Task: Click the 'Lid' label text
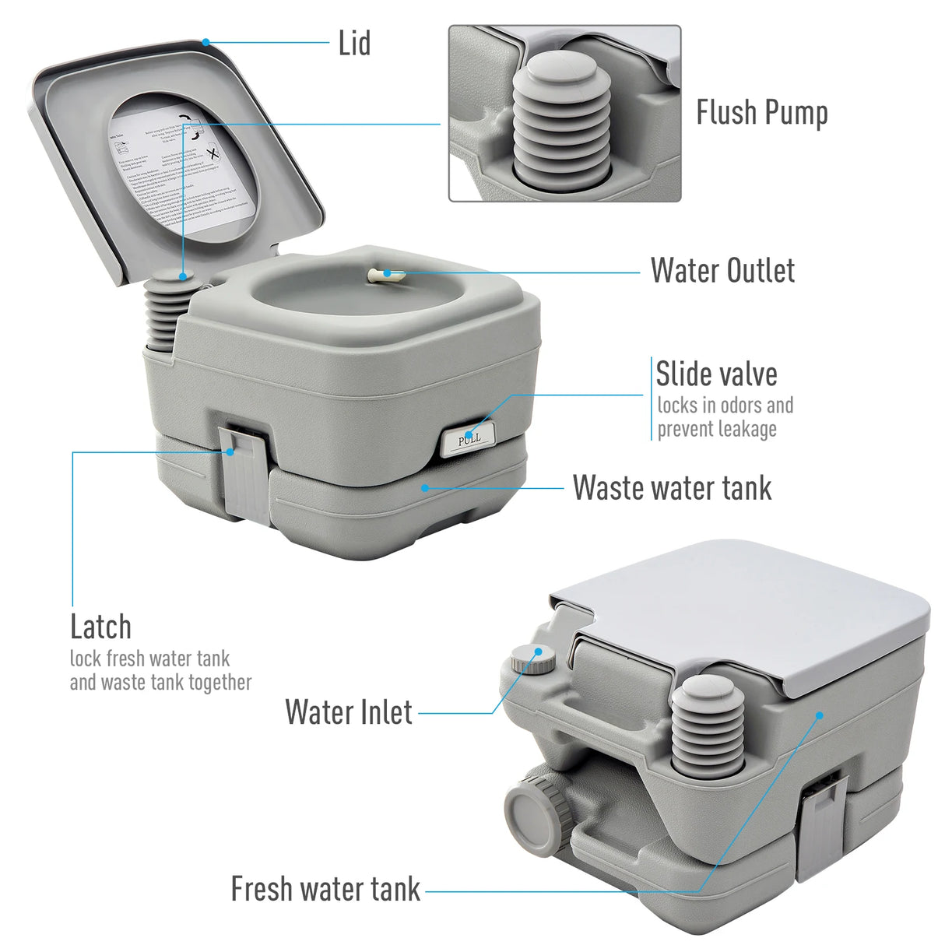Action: coord(354,44)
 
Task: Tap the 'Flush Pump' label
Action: coord(761,113)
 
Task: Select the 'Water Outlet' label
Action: coord(722,271)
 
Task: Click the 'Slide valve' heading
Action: coord(716,374)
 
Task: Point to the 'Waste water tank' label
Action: coord(672,488)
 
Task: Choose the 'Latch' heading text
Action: coord(100,627)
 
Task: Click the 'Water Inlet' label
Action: coord(349,712)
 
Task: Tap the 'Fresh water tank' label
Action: coord(325,889)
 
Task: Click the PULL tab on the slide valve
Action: coord(469,440)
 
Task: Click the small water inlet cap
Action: coord(533,659)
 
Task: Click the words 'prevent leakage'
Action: coord(717,429)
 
